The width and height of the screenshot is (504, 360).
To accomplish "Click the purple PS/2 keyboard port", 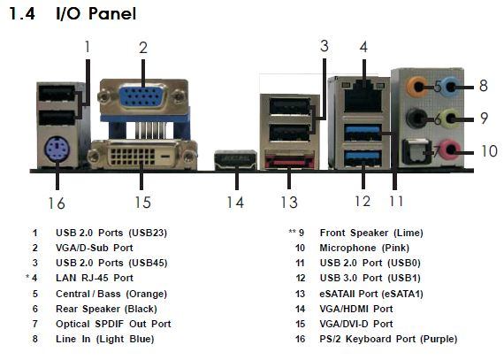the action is pyautogui.click(x=57, y=149).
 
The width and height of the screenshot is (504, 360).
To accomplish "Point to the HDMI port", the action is pyautogui.click(x=235, y=159).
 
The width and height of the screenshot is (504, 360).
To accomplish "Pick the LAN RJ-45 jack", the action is pyautogui.click(x=363, y=96).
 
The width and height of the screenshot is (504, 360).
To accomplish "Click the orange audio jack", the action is pyautogui.click(x=417, y=86).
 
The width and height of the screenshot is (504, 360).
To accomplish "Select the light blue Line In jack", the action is pyautogui.click(x=452, y=86).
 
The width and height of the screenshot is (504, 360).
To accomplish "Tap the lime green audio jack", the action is pyautogui.click(x=452, y=119).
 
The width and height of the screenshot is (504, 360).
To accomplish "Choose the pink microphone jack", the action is pyautogui.click(x=451, y=149).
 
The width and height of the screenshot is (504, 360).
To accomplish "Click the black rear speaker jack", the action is pyautogui.click(x=416, y=119).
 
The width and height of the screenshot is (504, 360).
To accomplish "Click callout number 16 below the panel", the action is pyautogui.click(x=57, y=203).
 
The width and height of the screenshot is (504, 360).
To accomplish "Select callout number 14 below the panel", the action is pyautogui.click(x=235, y=203).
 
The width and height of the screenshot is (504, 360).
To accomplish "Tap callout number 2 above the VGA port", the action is pyautogui.click(x=143, y=48).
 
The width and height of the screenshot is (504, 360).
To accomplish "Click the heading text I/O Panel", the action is pyautogui.click(x=96, y=14).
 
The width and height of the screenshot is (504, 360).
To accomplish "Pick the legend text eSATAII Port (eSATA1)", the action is pyautogui.click(x=371, y=294).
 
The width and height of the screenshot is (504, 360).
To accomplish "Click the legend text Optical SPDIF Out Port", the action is pyautogui.click(x=113, y=324).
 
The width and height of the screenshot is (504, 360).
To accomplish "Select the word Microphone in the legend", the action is pyautogui.click(x=347, y=248).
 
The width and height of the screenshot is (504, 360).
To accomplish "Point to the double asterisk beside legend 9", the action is pyautogui.click(x=292, y=232).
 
